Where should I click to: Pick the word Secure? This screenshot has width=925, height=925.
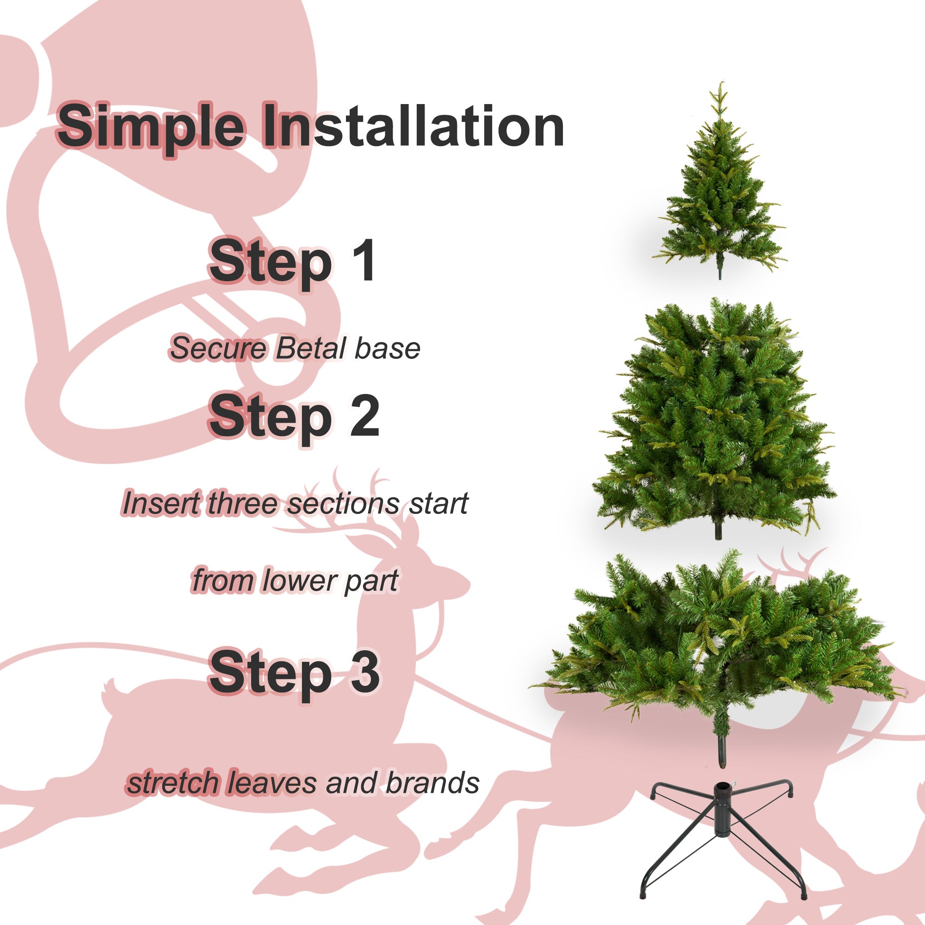[218, 349]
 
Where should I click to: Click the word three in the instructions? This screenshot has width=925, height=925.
[242, 504]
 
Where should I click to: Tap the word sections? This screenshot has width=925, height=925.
[343, 504]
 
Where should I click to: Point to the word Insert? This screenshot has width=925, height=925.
[161, 504]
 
